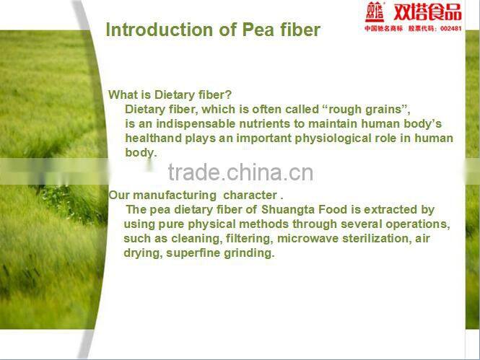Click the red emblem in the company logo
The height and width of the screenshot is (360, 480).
click(375, 12)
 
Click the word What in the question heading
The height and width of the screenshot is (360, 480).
click(122, 95)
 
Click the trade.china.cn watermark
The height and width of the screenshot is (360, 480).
click(240, 172)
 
